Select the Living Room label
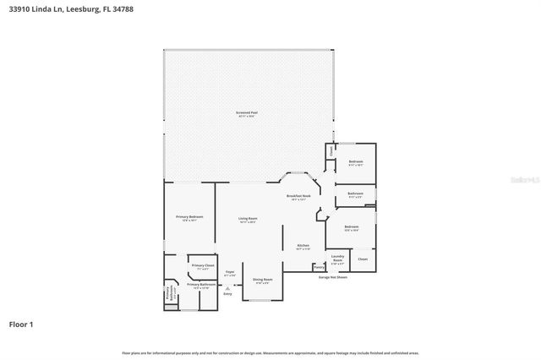click(247, 220)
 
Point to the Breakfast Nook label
click(300, 197)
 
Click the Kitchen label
click(303, 247)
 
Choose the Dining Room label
click(263, 280)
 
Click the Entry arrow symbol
click(227, 287)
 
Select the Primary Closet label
click(203, 266)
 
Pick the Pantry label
click(319, 267)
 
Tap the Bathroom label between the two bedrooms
click(355, 194)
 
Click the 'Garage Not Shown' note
click(333, 277)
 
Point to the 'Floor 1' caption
click(21, 324)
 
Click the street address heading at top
click(70, 9)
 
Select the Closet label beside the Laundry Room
click(363, 259)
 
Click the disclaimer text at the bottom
click(270, 352)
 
